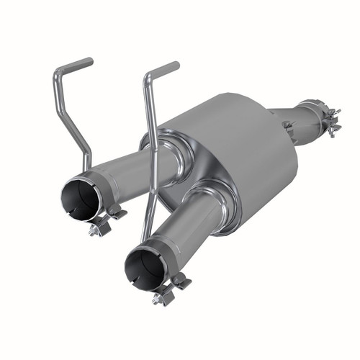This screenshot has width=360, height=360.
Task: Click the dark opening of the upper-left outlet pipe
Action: pyautogui.click(x=79, y=199)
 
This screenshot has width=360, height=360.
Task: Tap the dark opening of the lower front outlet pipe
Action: pyautogui.click(x=144, y=267)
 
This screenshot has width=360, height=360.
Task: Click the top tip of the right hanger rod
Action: pyautogui.click(x=175, y=66)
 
